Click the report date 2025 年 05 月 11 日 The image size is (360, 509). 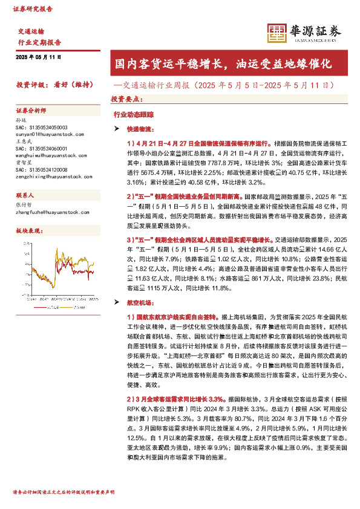tap(38, 56)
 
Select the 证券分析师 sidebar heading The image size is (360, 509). tap(31, 111)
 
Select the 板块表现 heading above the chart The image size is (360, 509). tap(29, 232)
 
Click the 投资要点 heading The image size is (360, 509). tap(125, 99)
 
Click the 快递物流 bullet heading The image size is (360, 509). tap(140, 129)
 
